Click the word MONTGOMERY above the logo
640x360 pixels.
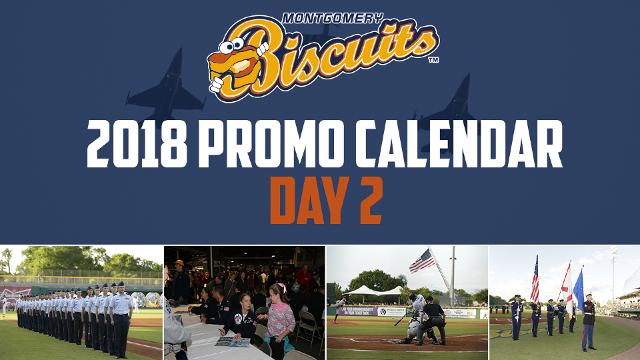point(333,18)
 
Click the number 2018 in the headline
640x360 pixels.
point(137,144)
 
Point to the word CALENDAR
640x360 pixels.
point(459,144)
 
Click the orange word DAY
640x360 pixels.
point(310,200)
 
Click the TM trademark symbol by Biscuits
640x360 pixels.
point(433,60)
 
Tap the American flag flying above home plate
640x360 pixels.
point(422,260)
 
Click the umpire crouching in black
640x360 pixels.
point(432,320)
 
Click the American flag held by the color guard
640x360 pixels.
point(535,280)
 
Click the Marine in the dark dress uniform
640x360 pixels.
point(588,322)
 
